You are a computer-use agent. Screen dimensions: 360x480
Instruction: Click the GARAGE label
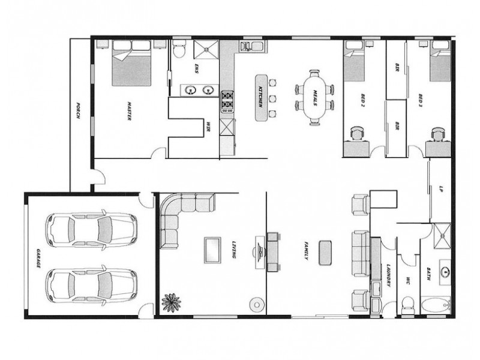coord(37,257)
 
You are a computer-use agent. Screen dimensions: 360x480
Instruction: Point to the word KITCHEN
coord(260,96)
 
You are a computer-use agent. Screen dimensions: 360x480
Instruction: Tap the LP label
coord(442,188)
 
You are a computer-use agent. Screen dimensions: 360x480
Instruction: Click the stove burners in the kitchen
coord(227,102)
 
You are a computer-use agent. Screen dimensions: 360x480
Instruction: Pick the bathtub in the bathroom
coord(436,306)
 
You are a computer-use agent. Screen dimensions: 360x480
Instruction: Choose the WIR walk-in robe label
coord(208,127)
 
